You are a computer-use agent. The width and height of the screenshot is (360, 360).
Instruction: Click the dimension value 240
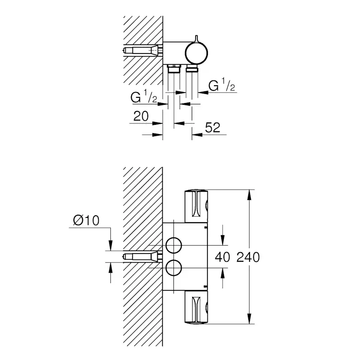pos(248,257)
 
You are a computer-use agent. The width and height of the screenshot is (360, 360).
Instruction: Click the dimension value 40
pos(222,257)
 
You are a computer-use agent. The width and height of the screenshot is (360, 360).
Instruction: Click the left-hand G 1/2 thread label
pos(144,98)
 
